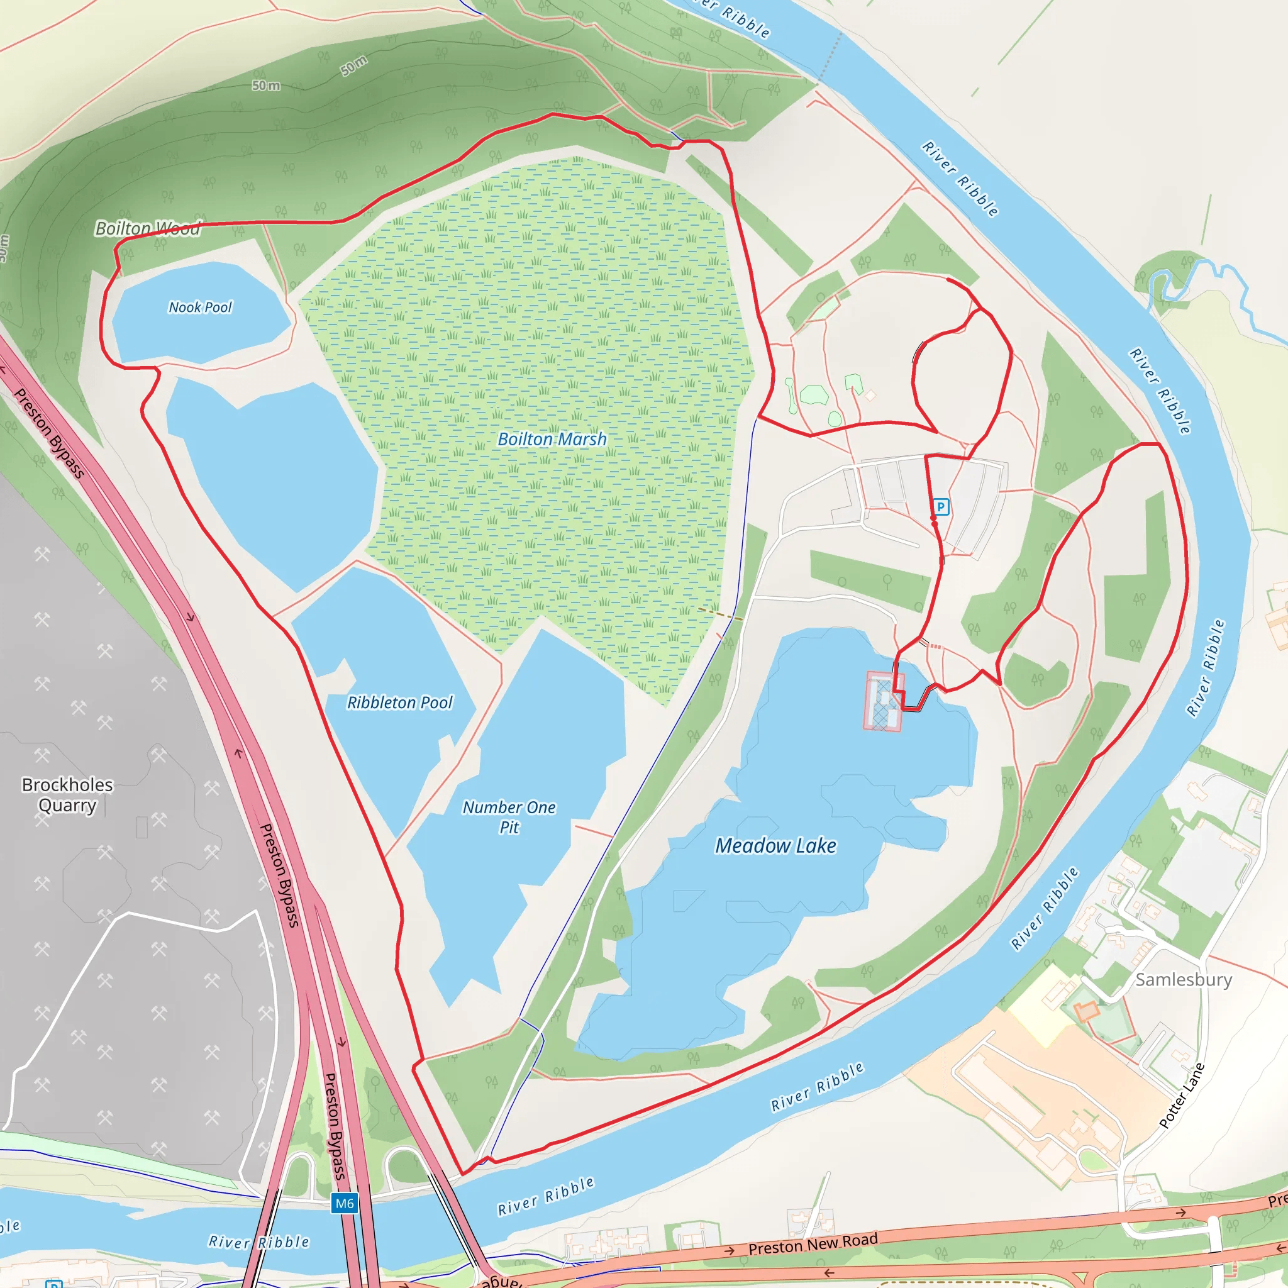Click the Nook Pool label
[x=200, y=308]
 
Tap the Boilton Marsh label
[x=552, y=440]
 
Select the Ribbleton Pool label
[x=399, y=702]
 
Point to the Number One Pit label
[x=509, y=818]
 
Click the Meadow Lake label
[x=775, y=846]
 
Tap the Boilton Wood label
[x=147, y=229]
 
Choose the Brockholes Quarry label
[x=67, y=795]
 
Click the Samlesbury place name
[x=1184, y=979]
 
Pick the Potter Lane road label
[x=1181, y=1096]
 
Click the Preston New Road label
[x=813, y=1243]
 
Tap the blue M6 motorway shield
[x=344, y=1203]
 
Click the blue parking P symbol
[x=941, y=508]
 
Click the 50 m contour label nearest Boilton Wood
[x=266, y=86]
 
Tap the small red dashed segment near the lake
[x=935, y=646]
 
